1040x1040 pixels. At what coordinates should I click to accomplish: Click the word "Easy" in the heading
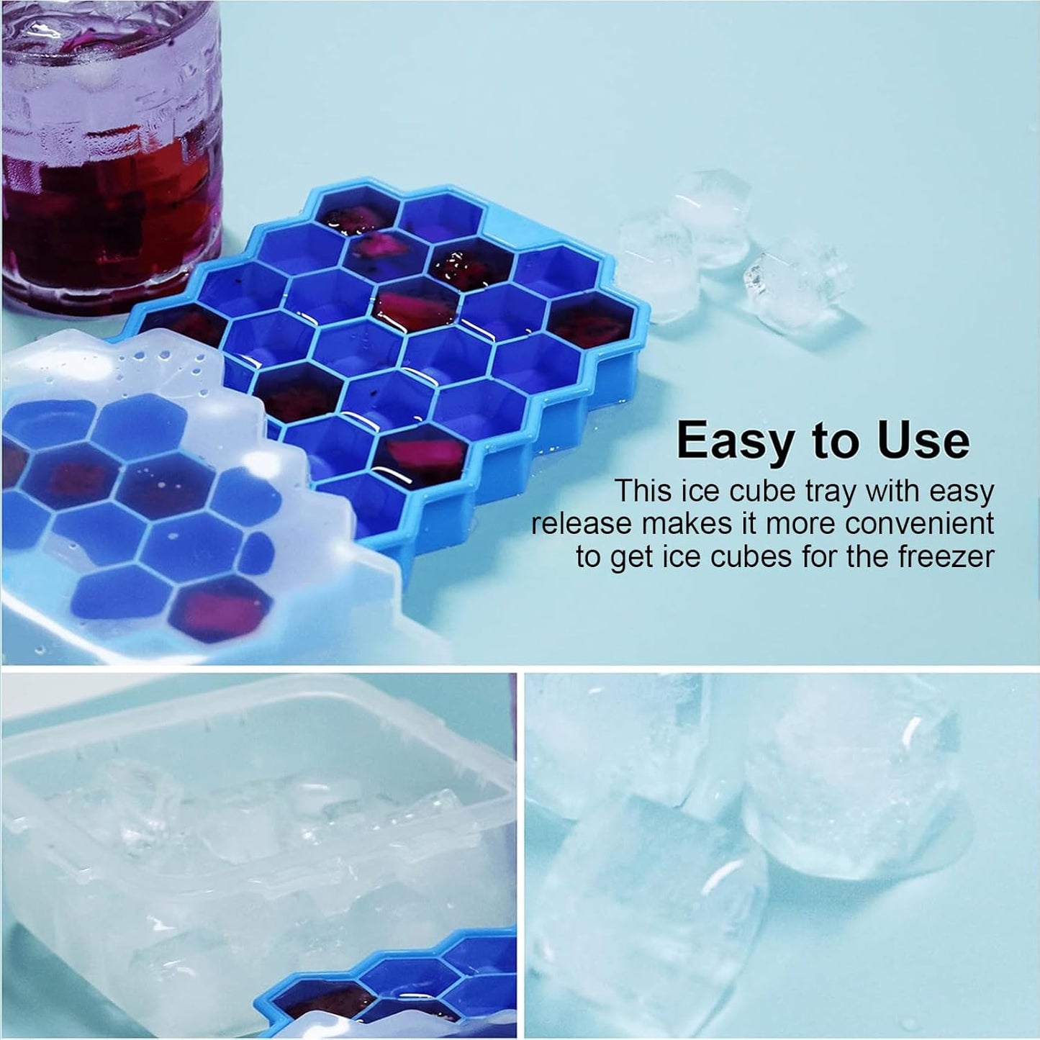click(x=733, y=440)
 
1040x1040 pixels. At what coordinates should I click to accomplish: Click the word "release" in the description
click(x=580, y=524)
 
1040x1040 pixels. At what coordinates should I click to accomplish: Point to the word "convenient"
click(x=919, y=524)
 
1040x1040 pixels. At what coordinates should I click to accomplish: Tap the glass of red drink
click(x=108, y=144)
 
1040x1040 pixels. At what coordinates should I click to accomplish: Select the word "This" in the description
click(x=643, y=492)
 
